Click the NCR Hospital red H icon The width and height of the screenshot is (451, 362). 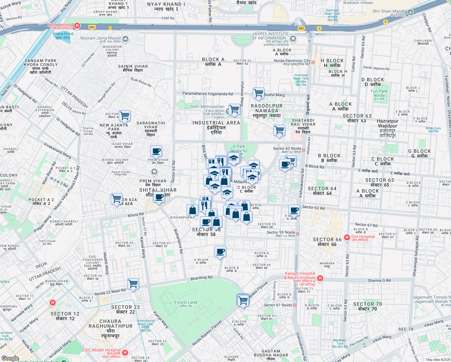[77, 26]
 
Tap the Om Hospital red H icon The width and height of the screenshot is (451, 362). [347, 237]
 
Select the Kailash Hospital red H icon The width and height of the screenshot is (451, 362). [320, 278]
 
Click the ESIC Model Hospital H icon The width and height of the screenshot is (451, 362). [125, 352]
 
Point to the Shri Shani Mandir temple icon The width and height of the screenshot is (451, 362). [410, 12]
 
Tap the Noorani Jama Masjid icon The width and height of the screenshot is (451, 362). [125, 39]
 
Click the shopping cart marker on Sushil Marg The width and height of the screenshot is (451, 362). [258, 93]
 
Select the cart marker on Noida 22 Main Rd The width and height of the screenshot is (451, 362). [133, 284]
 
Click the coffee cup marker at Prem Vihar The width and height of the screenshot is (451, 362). [156, 151]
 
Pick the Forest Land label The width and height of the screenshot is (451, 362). [186, 303]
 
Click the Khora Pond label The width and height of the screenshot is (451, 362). [63, 34]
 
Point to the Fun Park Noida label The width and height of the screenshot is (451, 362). [379, 93]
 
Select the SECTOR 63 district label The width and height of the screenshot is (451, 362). [357, 116]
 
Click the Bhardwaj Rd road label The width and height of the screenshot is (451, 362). [201, 278]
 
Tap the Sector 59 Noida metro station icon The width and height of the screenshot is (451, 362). [298, 234]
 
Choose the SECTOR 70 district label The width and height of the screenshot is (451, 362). [367, 304]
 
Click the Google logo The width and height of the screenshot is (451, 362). [10, 358]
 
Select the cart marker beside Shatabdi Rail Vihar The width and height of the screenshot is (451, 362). [279, 130]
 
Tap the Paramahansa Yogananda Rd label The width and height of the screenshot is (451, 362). [207, 94]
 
